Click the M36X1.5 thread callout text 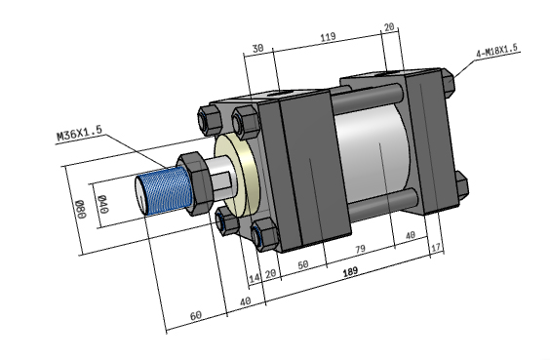coord(80,133)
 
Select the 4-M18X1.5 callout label coord(496,51)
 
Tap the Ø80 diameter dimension coord(81,209)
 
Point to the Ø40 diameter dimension coord(103,204)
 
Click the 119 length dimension coord(329,37)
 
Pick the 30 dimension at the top coord(257,48)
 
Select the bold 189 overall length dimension coord(350,271)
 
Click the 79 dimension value coord(360,249)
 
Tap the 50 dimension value coord(303,264)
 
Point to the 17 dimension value coord(435,248)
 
